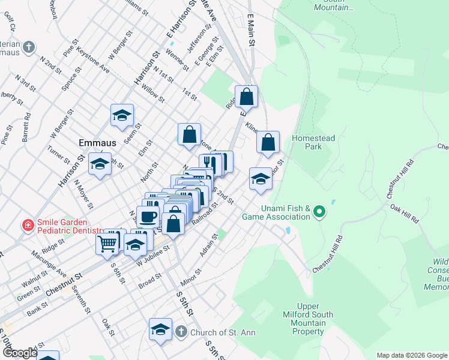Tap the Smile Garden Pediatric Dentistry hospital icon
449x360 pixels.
click(x=28, y=226)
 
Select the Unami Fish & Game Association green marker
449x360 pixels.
click(x=319, y=211)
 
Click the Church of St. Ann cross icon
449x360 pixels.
click(x=181, y=332)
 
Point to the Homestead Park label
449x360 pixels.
click(x=313, y=142)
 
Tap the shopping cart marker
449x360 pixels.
click(x=107, y=243)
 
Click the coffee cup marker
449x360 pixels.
click(x=148, y=216)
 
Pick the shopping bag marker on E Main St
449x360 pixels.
click(x=246, y=96)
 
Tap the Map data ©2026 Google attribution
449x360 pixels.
click(x=411, y=355)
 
